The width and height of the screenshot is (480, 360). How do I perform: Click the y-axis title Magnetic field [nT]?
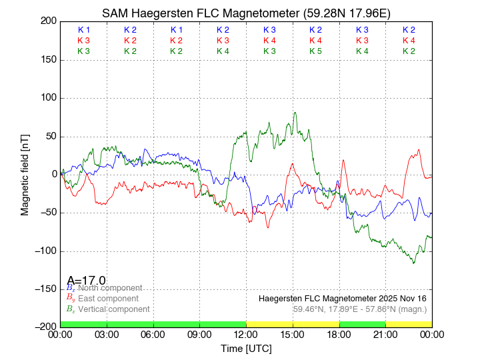25,173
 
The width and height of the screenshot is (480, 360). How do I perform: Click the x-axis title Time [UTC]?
246,349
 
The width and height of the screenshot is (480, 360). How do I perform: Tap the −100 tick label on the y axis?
45,251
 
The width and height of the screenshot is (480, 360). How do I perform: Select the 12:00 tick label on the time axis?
246,335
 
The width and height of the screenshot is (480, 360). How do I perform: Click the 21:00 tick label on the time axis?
385,335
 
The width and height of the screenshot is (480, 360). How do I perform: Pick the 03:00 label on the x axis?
107,335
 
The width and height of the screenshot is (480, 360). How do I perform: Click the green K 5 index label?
315,51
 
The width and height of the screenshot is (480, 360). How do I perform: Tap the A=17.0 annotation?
86,281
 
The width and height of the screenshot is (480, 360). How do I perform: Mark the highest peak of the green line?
295,113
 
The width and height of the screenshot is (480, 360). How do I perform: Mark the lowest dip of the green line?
413,263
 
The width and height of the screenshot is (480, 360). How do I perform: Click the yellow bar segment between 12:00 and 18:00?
293,324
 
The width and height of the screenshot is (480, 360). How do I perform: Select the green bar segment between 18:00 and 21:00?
362,324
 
